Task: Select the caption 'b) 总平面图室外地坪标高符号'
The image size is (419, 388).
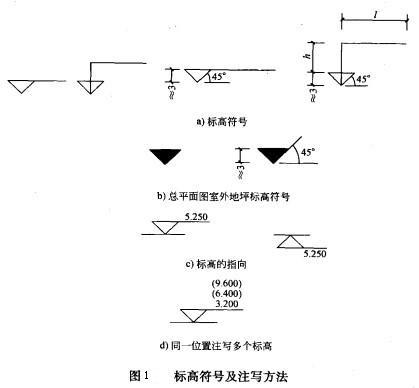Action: pyautogui.click(x=215, y=196)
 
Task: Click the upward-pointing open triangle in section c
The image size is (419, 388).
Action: pyautogui.click(x=285, y=241)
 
